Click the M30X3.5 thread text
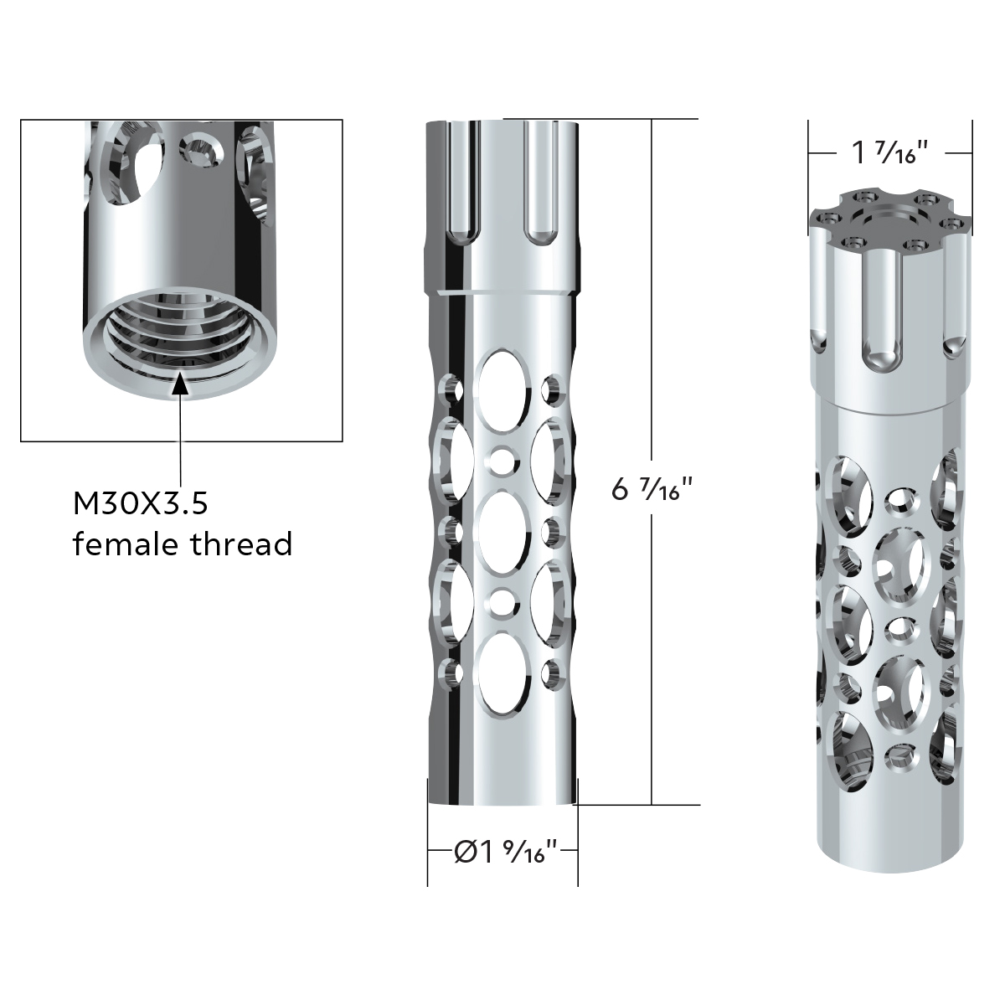click(140, 504)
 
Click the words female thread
click(183, 544)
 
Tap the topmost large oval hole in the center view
click(502, 381)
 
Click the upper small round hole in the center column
click(502, 458)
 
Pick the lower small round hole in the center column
click(502, 600)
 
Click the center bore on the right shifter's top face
click(889, 219)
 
